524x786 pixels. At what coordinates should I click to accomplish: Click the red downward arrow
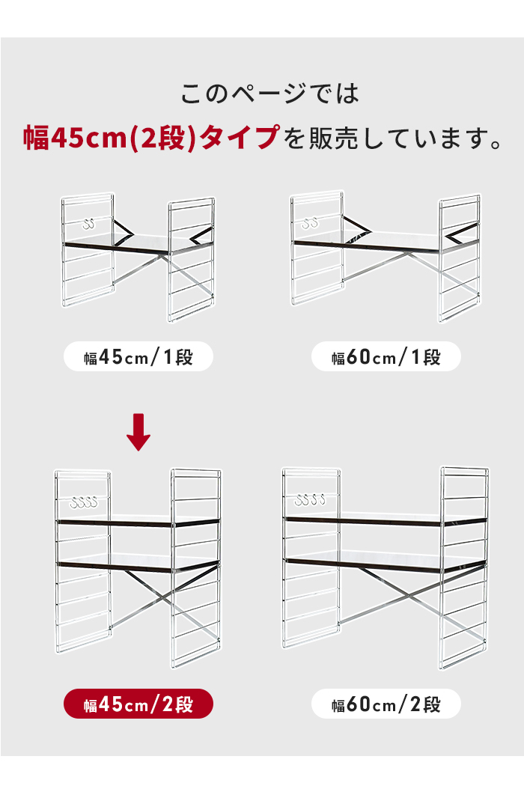[x=138, y=432]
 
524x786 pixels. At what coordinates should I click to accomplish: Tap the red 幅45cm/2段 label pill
[x=138, y=704]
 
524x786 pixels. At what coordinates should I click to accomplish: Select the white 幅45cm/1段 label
[x=138, y=356]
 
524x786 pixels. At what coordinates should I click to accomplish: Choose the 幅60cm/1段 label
[x=386, y=356]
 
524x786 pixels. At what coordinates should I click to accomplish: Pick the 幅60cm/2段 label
[x=386, y=704]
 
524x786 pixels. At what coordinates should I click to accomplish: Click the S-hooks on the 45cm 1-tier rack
[x=89, y=224]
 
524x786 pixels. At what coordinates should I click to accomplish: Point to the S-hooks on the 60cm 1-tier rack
[x=310, y=222]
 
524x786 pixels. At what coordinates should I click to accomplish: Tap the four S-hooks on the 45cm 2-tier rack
[x=84, y=502]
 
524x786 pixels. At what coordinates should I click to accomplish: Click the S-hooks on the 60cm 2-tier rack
[x=310, y=499]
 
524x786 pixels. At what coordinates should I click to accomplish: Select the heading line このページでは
[x=269, y=94]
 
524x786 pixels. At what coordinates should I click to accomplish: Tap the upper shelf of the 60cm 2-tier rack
[x=385, y=520]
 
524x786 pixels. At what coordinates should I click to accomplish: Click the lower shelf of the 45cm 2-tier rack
[x=138, y=563]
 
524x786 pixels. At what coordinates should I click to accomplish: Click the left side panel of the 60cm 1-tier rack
[x=317, y=248]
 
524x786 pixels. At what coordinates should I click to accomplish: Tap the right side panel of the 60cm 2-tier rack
[x=464, y=567]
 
